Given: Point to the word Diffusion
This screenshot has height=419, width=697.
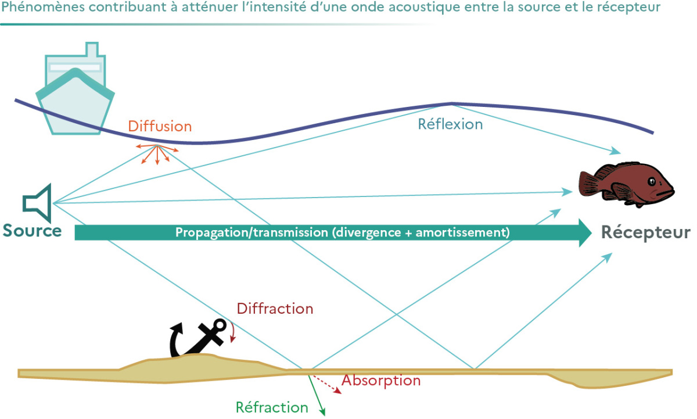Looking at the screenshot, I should [160, 126].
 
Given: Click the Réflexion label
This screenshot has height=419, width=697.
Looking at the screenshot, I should [450, 124].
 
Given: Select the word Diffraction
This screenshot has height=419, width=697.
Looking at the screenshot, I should [275, 309].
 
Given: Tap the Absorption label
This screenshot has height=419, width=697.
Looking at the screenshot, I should [380, 381].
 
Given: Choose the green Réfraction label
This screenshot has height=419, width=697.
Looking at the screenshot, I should [272, 407].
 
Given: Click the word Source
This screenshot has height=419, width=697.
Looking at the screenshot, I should [33, 231].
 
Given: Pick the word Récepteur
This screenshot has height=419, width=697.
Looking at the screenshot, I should [645, 232].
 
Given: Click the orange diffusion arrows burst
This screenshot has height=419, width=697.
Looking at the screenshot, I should [156, 153].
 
